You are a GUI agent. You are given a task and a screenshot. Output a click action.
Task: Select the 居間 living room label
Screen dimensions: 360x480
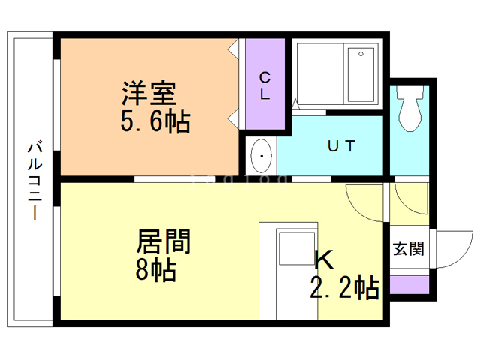point(163,241)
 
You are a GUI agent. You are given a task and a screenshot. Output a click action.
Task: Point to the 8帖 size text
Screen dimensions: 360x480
point(156,268)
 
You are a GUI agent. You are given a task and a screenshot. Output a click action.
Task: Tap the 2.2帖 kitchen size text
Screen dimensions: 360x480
point(344,287)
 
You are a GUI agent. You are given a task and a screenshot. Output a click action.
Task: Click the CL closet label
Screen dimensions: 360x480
point(265,86)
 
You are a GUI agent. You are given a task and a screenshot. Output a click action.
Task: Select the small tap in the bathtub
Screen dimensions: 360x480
point(361,55)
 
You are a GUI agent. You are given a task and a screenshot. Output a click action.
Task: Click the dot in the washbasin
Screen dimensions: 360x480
point(261,157)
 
